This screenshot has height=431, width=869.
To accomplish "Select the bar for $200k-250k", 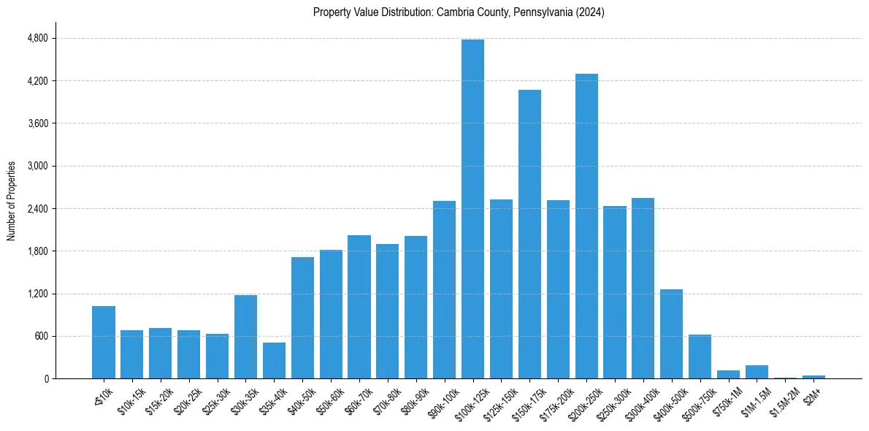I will coord(586,226).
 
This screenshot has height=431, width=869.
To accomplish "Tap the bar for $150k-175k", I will coord(529,234).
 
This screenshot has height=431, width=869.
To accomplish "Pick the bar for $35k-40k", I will coord(274,361).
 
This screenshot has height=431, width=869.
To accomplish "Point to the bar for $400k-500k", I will coord(671,334).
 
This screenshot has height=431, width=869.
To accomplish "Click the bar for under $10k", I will coord(104,343).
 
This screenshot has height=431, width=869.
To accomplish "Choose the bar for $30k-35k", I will coord(245,337).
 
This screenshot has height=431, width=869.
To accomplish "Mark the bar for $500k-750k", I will coord(700,356).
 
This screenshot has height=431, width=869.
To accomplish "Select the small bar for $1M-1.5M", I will coord(757,372).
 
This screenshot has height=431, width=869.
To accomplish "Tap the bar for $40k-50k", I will coord(302,318).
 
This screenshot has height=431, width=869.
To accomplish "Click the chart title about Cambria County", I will coord(459,12).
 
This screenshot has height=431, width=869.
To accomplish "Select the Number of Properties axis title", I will coord(12,200).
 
